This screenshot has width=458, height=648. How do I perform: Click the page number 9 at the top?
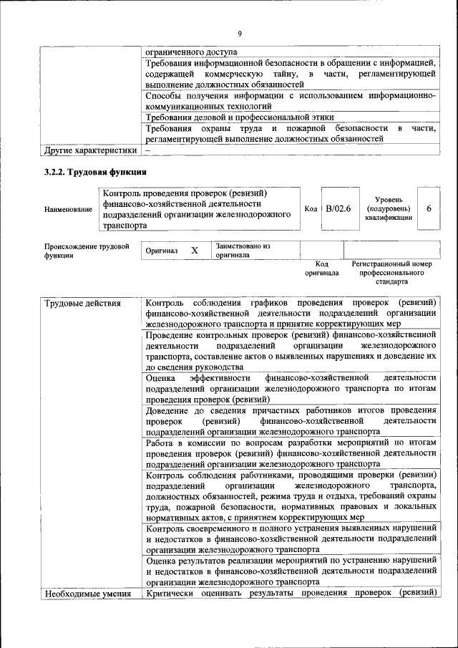(240, 33)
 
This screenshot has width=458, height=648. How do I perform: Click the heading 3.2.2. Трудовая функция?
(96, 172)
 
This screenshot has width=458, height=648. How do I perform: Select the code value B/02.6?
(338, 208)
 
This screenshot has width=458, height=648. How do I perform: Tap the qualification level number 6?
(428, 208)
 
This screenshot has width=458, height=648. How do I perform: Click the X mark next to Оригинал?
(194, 251)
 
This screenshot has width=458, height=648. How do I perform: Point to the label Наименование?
(68, 209)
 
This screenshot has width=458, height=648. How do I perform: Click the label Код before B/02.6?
(311, 208)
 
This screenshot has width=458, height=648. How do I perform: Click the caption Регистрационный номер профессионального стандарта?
(391, 273)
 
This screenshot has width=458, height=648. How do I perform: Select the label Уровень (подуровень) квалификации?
(386, 208)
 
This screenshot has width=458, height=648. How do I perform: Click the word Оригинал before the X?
(161, 252)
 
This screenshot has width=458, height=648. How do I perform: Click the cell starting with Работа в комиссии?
(291, 453)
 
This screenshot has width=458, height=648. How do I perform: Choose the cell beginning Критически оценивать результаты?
(291, 594)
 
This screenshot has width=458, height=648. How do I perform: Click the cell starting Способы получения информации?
(291, 100)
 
